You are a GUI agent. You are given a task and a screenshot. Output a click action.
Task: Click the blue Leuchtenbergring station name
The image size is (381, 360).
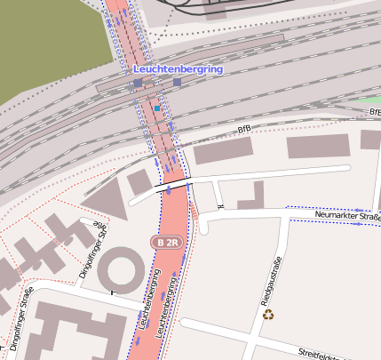(178, 68)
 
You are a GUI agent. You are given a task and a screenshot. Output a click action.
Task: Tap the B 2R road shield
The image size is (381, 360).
(169, 242)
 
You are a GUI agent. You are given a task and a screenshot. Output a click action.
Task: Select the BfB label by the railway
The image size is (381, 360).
(244, 130)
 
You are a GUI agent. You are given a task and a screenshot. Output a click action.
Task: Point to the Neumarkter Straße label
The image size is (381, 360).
(347, 216)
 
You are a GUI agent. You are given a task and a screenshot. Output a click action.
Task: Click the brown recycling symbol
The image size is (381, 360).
(268, 314)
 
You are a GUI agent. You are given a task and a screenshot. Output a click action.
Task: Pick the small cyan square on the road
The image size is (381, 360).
(157, 108)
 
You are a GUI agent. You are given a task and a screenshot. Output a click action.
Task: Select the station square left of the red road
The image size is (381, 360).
(138, 83)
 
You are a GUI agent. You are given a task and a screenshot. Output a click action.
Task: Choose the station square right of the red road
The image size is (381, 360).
(177, 83)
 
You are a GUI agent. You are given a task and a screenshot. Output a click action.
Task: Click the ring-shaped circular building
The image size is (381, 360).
(120, 269)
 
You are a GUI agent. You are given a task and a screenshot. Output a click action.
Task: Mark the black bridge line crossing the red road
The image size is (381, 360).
(173, 185)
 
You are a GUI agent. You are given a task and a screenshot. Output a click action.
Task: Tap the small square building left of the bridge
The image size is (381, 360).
(139, 182)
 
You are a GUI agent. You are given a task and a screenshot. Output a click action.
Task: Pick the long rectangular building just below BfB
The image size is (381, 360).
(223, 151)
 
